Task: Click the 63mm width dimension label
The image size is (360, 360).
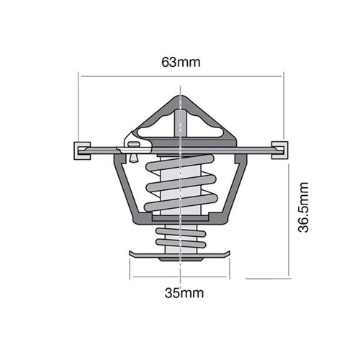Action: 181,62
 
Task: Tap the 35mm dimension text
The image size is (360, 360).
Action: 181,292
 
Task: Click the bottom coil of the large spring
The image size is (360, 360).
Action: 180,204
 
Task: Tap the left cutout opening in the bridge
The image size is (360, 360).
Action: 153,128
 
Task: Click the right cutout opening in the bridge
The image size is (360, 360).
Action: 209,128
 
